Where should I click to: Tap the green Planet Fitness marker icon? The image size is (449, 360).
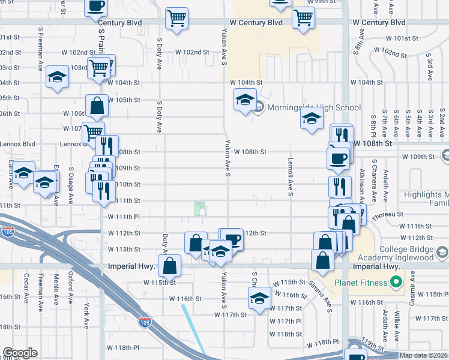click(x=396, y=281)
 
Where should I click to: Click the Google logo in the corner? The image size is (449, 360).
click(x=20, y=353)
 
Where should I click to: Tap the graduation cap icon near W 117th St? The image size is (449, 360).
click(x=259, y=298)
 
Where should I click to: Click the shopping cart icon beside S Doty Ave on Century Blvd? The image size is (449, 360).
click(x=176, y=18)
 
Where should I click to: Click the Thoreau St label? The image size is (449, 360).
click(x=386, y=214)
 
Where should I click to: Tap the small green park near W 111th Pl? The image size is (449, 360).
click(x=200, y=208)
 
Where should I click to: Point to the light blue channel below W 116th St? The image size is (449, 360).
click(x=193, y=328)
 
